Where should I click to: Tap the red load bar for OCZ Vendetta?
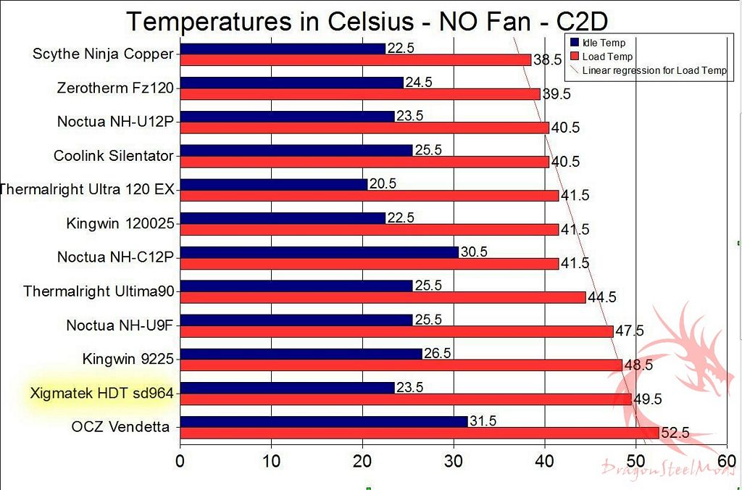tap(419, 433)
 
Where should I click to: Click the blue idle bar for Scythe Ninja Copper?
tap(283, 49)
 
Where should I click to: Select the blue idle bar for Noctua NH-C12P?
tap(319, 252)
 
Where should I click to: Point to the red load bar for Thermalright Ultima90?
tap(383, 297)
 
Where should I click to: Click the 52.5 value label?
tap(675, 433)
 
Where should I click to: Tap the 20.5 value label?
tap(382, 184)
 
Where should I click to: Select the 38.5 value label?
tap(547, 60)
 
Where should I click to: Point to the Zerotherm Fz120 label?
tap(116, 88)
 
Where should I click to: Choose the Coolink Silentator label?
tap(114, 155)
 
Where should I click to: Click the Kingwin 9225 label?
tap(128, 359)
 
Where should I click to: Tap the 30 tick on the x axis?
tap(454, 461)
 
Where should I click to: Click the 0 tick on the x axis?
tap(180, 461)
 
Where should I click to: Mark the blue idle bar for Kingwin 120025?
tap(283, 218)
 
